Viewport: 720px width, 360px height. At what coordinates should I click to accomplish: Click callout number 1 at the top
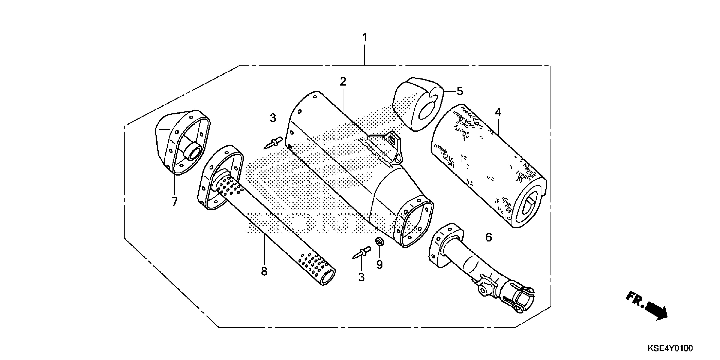[x=364, y=38]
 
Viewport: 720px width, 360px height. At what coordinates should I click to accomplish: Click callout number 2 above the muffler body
[x=343, y=82]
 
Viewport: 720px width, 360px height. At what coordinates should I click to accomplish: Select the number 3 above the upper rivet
[x=273, y=118]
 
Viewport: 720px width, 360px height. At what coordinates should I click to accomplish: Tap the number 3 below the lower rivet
[x=361, y=277]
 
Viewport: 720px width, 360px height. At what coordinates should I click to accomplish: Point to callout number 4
[x=498, y=113]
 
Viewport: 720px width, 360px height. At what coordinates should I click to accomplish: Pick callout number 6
[x=488, y=238]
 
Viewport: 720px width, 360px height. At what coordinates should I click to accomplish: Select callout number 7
[x=174, y=202]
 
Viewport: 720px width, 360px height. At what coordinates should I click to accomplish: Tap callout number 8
[x=264, y=271]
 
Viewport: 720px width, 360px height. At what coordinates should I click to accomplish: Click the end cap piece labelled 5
[x=418, y=105]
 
